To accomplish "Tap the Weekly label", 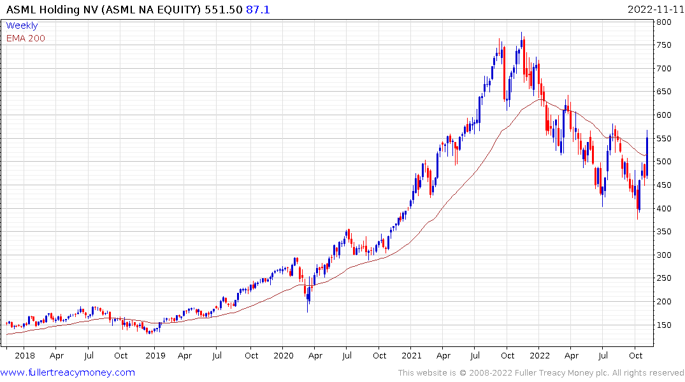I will (22, 26).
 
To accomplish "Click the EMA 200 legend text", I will (25, 38).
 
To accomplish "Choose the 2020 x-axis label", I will (284, 355).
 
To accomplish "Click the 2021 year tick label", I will (412, 355).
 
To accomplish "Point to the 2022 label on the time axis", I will (540, 355).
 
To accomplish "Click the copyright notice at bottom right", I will (541, 373).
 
